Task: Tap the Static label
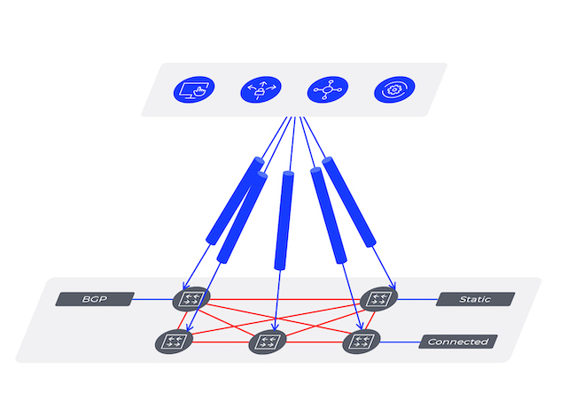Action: pos(476,299)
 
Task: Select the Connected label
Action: pos(457,342)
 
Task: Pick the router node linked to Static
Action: pos(379,298)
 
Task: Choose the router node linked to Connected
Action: pos(361,341)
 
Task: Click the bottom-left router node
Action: pos(173,341)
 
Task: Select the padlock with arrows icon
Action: pos(258,89)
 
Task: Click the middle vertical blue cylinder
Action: pos(285,219)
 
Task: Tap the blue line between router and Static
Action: pos(416,299)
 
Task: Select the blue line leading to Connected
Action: pos(399,342)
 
